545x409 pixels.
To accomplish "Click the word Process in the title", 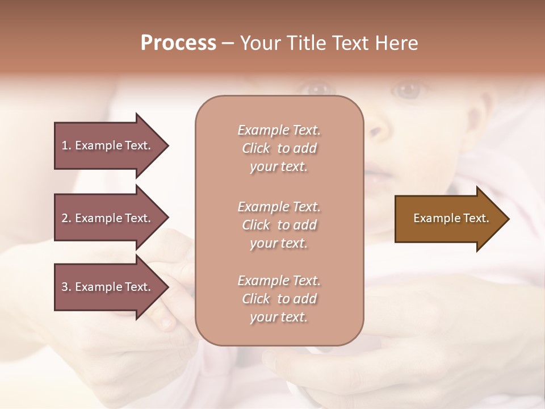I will pos(178,43).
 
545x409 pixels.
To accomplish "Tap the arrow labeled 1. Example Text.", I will pos(108,145).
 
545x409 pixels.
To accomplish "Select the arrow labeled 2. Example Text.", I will pos(108,218).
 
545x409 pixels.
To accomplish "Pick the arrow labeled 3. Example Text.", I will pos(108,287).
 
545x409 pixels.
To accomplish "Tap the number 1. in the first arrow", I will pos(66,145).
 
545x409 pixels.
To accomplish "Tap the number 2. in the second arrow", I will pos(66,218).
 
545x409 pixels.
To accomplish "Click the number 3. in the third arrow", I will pos(66,287).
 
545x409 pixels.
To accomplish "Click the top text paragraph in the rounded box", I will pos(279,148).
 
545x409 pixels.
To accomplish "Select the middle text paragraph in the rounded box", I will pos(279,225).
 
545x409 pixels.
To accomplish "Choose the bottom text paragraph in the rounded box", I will pos(279,299).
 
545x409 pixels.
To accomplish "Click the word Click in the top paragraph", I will pos(256,148).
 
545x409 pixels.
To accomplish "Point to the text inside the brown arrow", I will pos(451,218).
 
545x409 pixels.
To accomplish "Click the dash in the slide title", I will pos(228,43).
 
